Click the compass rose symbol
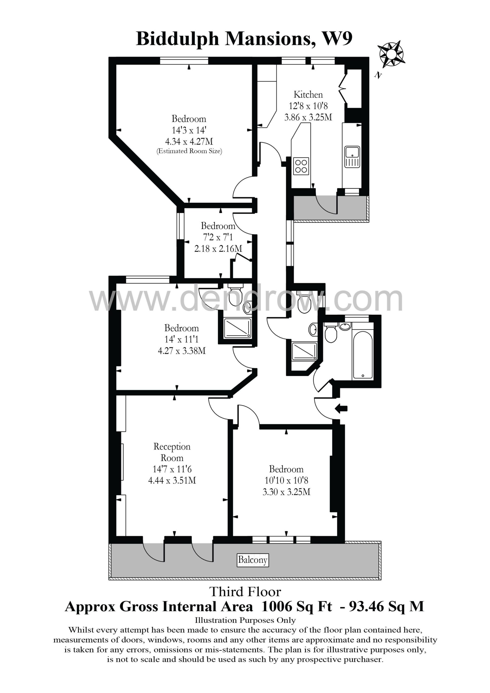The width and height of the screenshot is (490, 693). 391,54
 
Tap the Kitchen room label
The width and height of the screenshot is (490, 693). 308,94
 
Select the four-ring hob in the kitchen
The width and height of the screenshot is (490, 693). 301,166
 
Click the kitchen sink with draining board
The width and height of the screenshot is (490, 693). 352,157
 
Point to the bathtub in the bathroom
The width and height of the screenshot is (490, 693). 362,355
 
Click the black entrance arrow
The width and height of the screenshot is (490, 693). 341,409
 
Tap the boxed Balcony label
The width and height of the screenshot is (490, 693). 253,560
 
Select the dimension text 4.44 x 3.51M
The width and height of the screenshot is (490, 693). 172,480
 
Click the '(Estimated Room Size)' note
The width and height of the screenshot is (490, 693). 189,151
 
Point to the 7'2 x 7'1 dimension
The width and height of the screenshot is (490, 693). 218,237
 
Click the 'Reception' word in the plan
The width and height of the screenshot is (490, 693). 172,447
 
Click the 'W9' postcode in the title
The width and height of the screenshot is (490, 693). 338,39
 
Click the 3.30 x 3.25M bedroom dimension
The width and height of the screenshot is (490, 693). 286,492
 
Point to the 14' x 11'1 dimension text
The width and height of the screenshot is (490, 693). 181,339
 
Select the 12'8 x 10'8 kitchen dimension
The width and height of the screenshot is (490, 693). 308,106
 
